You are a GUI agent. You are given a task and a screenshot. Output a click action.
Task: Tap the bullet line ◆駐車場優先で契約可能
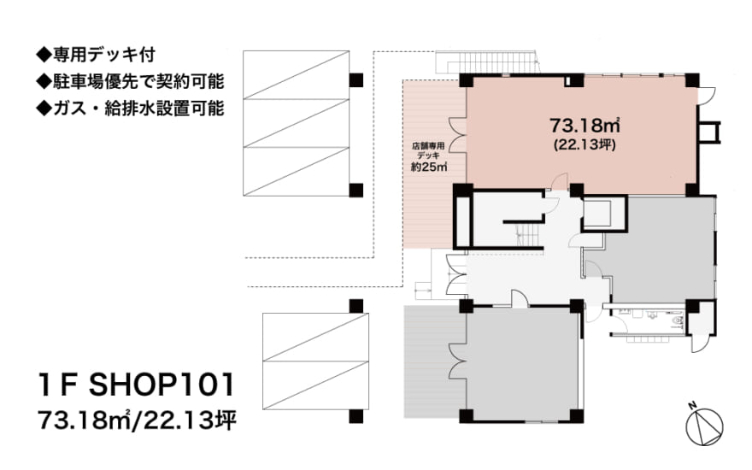[x=129, y=83]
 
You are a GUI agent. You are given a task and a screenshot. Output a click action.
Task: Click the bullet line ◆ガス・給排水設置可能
[x=129, y=109]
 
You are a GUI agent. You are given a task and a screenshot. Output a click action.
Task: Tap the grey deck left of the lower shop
[x=432, y=363]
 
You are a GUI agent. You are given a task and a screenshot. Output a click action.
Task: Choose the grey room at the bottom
[x=521, y=363]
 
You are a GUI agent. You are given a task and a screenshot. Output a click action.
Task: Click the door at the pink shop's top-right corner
[x=706, y=92]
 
